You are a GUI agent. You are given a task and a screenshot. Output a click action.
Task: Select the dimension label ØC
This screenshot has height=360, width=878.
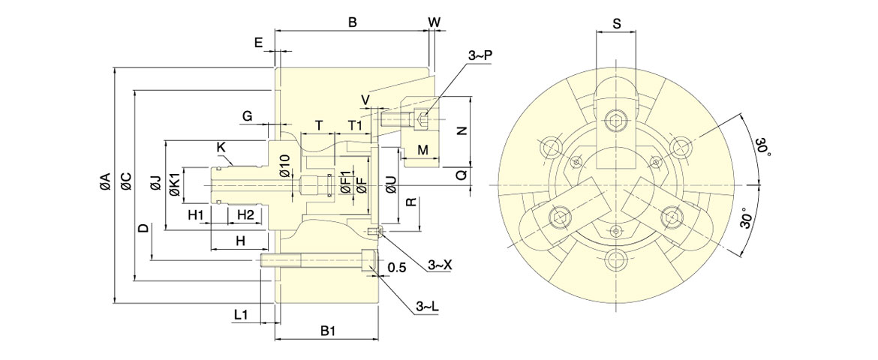(126, 181)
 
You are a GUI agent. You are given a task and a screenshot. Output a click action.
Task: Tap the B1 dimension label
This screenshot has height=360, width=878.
(328, 330)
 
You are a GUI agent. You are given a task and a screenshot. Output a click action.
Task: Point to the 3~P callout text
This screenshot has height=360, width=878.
(480, 55)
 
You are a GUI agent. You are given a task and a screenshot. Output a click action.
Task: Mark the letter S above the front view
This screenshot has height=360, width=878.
(616, 23)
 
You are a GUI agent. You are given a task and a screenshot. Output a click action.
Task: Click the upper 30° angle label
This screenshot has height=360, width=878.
(762, 146)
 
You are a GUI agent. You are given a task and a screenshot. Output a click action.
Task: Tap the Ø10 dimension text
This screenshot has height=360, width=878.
(284, 165)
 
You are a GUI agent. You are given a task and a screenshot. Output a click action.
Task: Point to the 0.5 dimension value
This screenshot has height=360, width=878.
(397, 267)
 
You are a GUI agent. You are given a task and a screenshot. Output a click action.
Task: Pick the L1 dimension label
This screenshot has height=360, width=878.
(242, 314)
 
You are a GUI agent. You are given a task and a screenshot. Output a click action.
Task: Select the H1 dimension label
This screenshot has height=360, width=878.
(197, 215)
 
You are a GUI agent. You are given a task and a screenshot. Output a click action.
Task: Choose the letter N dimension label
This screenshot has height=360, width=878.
(462, 130)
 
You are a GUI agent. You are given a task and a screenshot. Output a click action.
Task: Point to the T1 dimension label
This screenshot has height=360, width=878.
(355, 124)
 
